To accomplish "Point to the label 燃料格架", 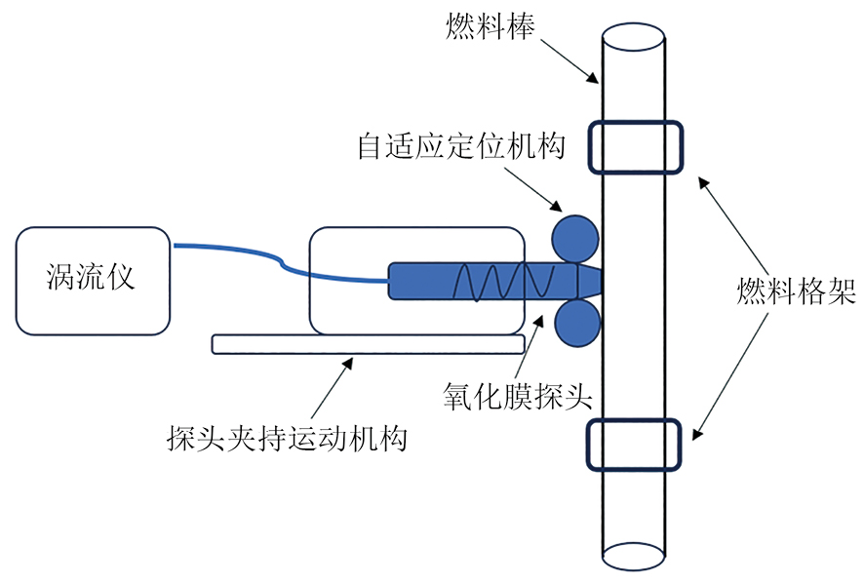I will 796,291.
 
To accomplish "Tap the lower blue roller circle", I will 575,323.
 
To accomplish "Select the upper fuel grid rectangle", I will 634,147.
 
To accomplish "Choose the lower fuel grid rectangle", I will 634,444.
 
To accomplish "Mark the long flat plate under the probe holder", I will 369,344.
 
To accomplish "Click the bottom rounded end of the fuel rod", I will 634,557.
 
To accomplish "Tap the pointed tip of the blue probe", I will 596,281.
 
